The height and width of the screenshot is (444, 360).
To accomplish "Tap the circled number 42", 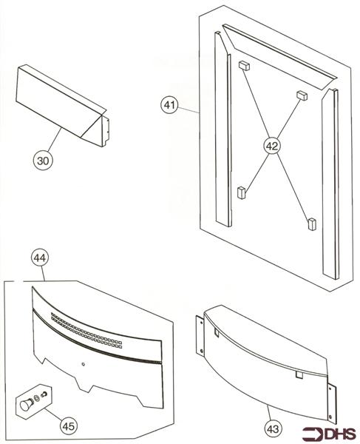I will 271,146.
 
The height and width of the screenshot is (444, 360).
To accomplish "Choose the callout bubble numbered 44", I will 41,258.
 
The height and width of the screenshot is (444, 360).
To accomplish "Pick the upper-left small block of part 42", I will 242,65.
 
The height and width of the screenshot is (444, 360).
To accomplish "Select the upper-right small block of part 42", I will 301,95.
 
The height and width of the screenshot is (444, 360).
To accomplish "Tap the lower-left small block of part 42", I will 240,192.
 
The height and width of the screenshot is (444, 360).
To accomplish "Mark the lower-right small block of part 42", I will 311,221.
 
